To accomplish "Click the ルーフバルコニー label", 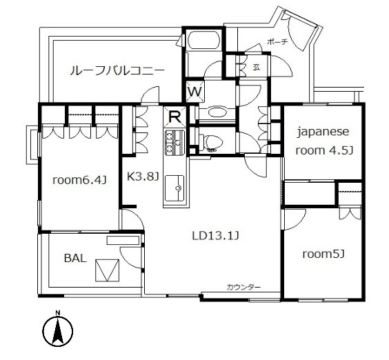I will (x=116, y=70).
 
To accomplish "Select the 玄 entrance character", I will (x=256, y=68).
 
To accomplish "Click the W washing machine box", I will (x=194, y=91).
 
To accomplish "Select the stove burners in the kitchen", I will (x=171, y=143).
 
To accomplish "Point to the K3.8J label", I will (x=142, y=176).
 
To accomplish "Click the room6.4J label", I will (x=79, y=181).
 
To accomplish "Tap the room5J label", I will (x=323, y=254).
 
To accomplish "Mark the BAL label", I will (x=75, y=259).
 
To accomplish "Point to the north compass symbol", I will (x=58, y=331).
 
